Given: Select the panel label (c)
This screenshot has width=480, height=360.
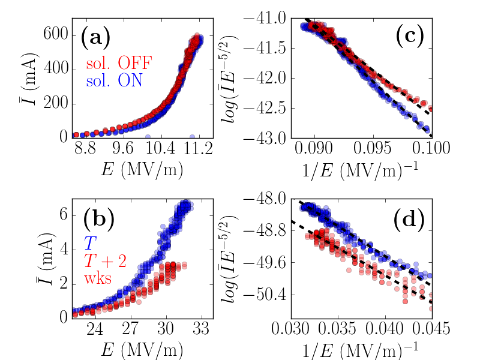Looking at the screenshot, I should [x=410, y=38].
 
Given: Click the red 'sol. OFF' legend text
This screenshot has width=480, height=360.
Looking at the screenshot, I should [x=118, y=62].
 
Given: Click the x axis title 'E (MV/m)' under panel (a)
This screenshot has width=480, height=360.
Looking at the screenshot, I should [x=143, y=170].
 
